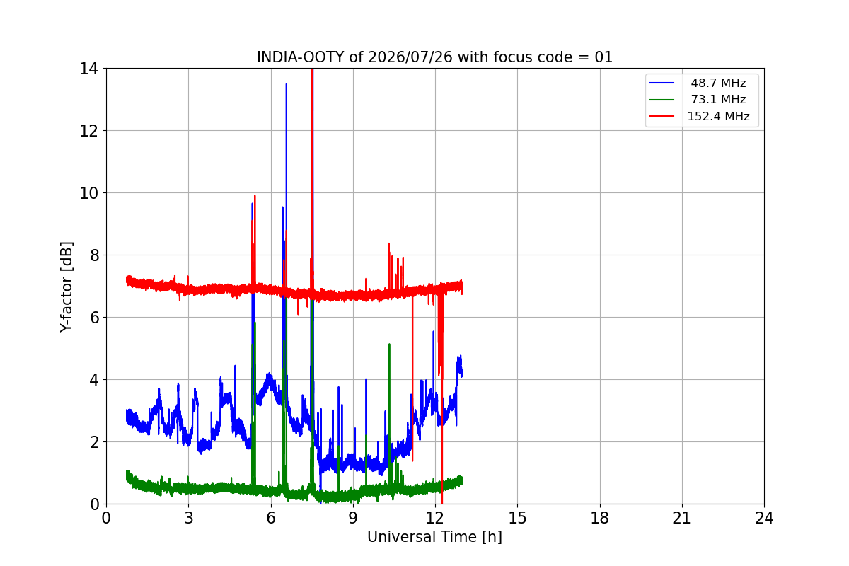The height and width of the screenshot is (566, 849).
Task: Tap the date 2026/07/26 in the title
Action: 410,57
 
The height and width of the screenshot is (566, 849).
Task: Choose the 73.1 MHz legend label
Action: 718,99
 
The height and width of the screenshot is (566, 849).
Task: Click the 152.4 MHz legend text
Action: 718,116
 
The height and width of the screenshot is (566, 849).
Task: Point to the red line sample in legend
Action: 662,116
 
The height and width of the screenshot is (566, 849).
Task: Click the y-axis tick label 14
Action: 88,69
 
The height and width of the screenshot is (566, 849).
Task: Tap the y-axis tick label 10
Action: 88,193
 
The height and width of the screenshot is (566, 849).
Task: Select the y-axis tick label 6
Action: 94,317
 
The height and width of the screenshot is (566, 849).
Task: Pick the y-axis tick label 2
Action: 94,441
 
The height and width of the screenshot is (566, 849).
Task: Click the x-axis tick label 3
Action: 189,518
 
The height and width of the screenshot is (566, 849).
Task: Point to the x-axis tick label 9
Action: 353,518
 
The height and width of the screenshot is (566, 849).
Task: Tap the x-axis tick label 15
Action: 517,518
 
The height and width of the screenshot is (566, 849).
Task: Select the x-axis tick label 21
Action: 682,518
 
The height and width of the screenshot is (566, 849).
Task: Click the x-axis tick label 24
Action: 764,518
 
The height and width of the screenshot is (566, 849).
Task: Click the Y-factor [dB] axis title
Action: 67,287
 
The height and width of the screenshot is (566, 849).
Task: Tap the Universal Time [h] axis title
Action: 434,537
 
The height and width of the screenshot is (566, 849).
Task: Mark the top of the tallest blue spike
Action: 286,83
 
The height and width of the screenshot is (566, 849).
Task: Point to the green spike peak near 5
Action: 389,345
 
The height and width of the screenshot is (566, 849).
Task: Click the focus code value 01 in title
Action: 603,57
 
